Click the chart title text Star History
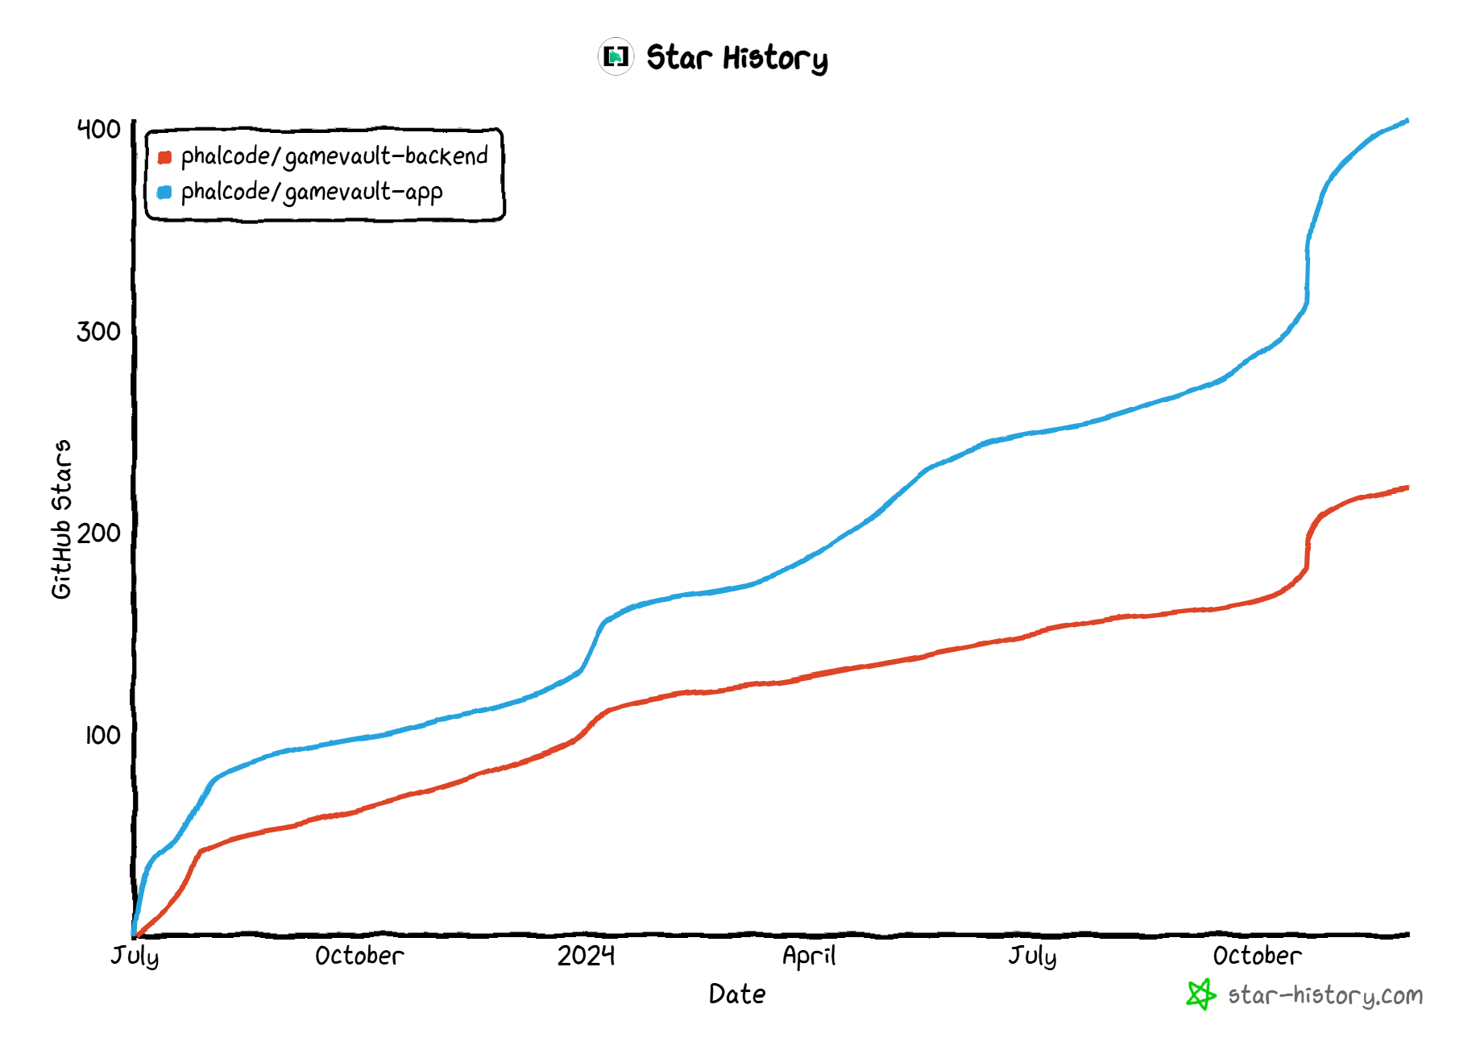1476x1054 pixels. point(736,58)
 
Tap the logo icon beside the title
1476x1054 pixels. point(616,56)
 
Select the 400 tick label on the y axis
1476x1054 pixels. point(98,129)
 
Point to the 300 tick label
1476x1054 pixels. point(98,331)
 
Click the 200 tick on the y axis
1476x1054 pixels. point(98,533)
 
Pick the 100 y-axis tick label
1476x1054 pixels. point(102,735)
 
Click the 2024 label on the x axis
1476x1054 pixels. point(586,956)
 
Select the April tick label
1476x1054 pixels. point(809,956)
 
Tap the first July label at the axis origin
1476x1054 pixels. point(135,956)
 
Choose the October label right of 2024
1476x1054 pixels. point(1257,956)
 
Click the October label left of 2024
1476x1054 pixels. point(359,956)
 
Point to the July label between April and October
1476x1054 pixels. point(1032,956)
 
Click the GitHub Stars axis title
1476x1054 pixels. point(61,519)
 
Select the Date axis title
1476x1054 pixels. point(737,994)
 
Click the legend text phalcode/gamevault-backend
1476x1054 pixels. point(334,156)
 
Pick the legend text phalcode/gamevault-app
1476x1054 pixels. point(312,192)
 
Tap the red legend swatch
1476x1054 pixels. point(164,157)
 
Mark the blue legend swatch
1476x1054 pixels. point(164,193)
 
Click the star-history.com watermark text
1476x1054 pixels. point(1325,996)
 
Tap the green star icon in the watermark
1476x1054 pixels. point(1200,994)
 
